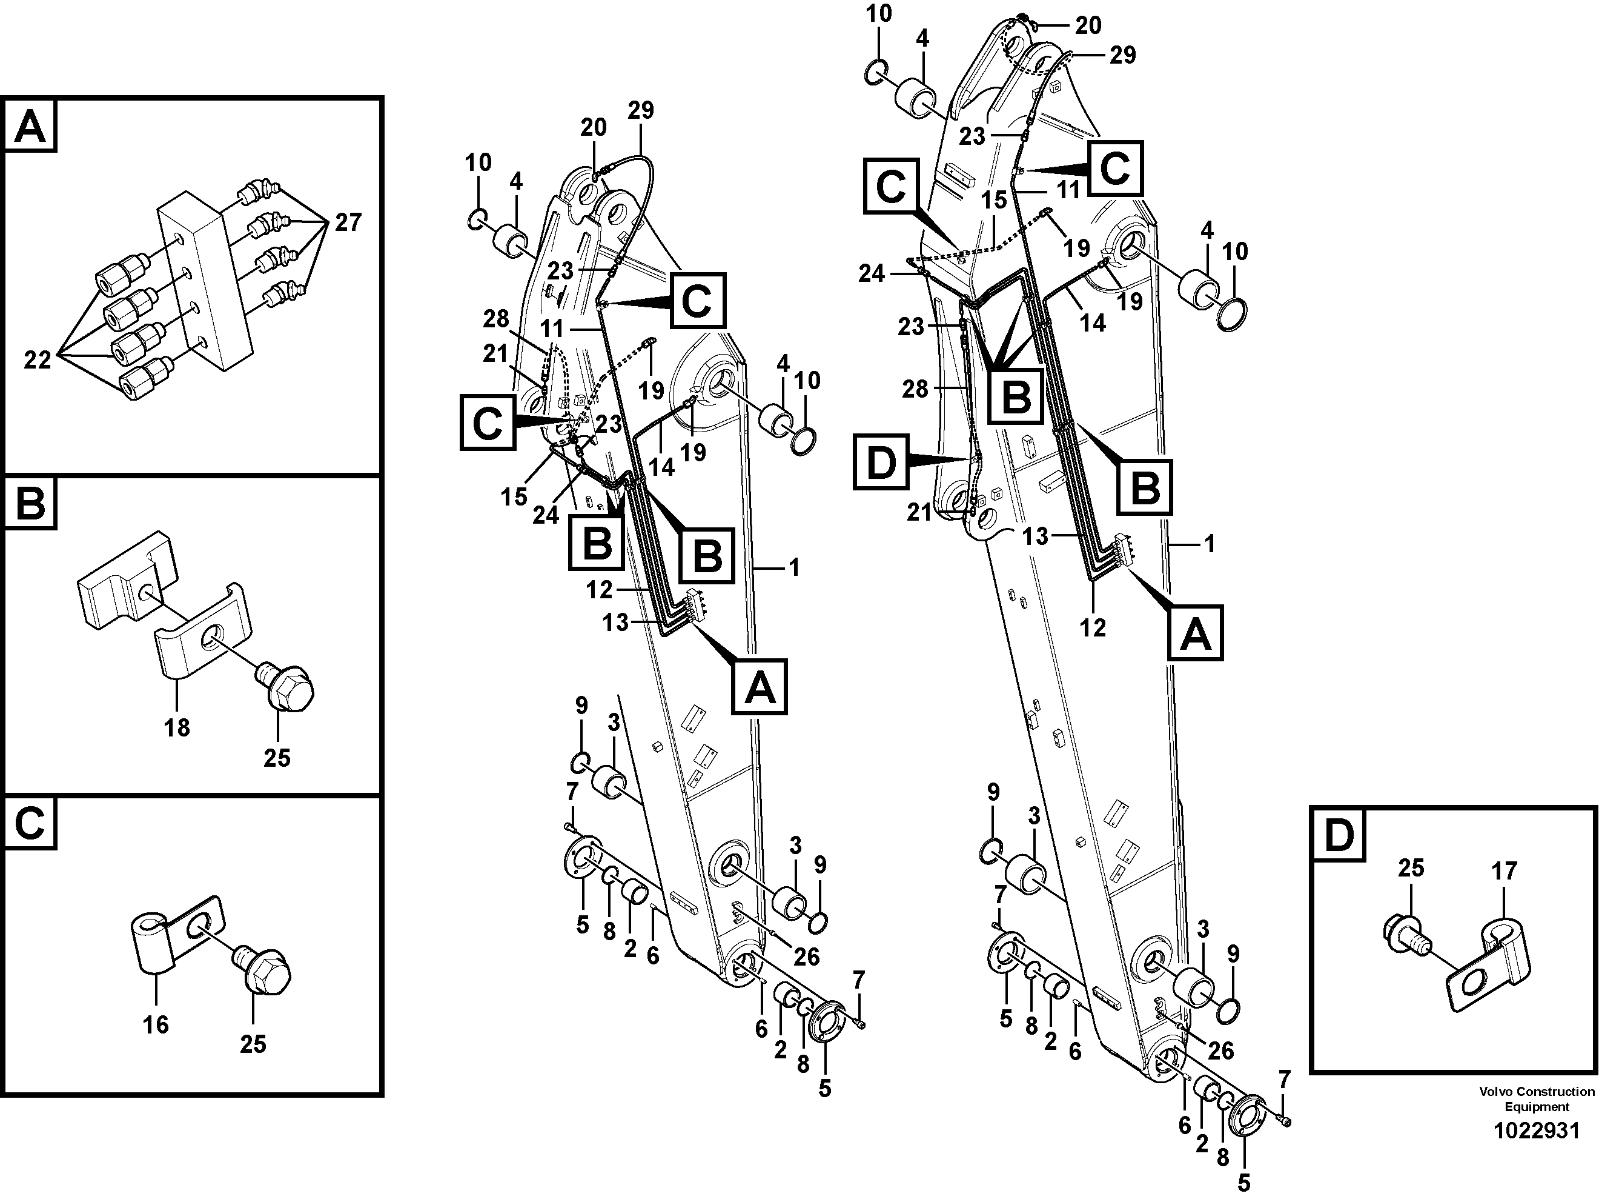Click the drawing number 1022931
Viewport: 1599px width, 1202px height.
tap(1537, 1130)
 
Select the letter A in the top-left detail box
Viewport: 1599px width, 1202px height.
tap(30, 127)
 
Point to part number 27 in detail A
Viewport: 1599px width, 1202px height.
tap(347, 222)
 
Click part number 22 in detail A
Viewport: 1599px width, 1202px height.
tap(38, 359)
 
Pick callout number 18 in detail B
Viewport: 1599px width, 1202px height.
tap(176, 727)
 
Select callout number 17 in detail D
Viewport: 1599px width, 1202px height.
tap(1505, 871)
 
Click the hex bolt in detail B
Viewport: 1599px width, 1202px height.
tap(287, 686)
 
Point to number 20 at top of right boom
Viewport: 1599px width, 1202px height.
tap(1088, 25)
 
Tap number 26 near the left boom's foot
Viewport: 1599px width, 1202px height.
tap(806, 957)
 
